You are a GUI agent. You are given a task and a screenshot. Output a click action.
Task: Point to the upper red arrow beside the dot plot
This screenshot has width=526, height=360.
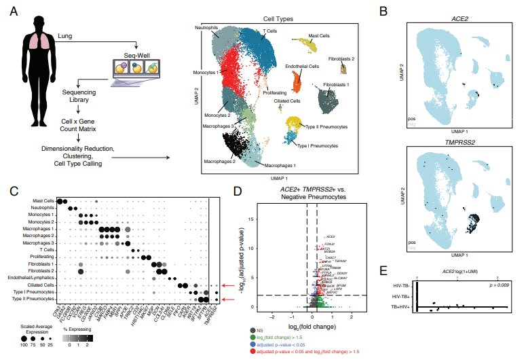point(229,286)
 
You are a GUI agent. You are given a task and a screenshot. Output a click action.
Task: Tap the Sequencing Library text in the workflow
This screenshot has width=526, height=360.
point(79,95)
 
